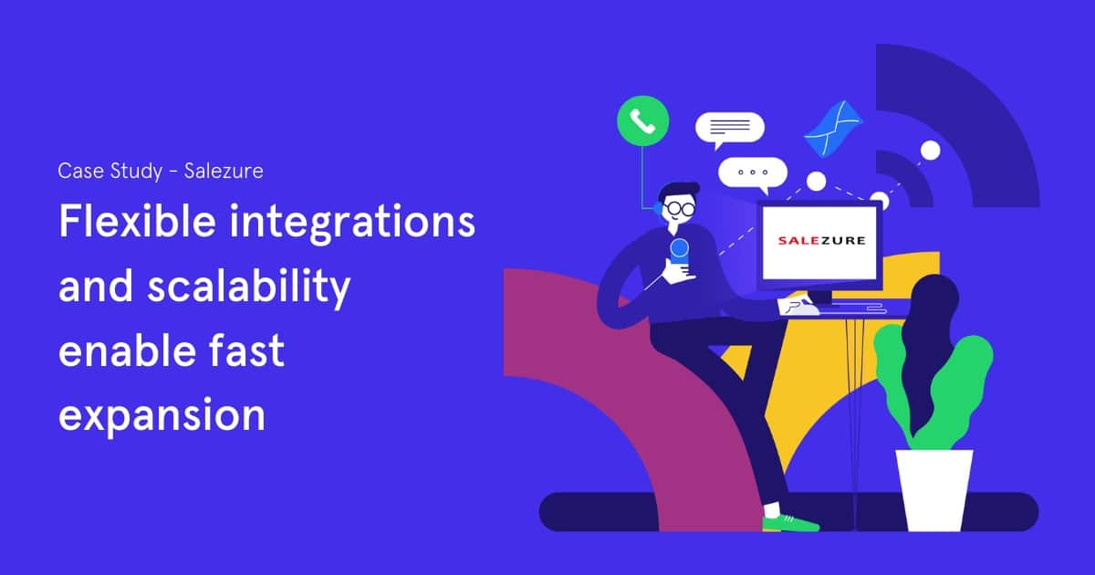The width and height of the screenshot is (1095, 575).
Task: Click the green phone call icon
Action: tap(642, 120)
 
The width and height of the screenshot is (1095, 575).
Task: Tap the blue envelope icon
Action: tap(833, 129)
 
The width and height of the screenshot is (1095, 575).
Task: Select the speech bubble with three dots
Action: tap(753, 174)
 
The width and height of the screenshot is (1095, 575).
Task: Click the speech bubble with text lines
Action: tap(730, 129)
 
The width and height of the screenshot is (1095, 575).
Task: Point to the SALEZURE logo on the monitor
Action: tap(821, 240)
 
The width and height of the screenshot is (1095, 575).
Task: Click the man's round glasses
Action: tap(681, 209)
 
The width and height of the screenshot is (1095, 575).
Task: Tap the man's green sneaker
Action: tap(790, 523)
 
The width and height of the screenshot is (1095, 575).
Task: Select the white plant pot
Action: tap(933, 490)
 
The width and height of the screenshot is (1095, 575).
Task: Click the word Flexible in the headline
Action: tap(137, 221)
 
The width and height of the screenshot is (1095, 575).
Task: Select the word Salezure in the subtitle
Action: tap(224, 172)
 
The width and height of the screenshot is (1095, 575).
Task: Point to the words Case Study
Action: tap(110, 172)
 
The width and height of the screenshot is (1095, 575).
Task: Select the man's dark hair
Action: tap(679, 191)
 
